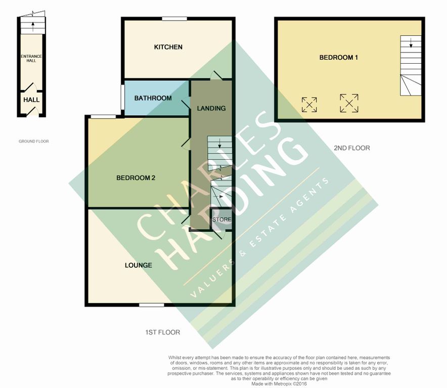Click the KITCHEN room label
pyautogui.click(x=168, y=47)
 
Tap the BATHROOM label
pyautogui.click(x=153, y=98)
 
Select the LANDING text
pyautogui.click(x=211, y=108)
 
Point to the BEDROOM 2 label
pyautogui.click(x=136, y=178)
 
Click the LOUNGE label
pyautogui.click(x=139, y=265)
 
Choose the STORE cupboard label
pyautogui.click(x=221, y=220)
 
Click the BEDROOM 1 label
pyautogui.click(x=338, y=58)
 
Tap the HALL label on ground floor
pyautogui.click(x=31, y=100)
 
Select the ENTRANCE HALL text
pyautogui.click(x=31, y=58)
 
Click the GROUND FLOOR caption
pyautogui.click(x=34, y=141)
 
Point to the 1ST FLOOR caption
pyautogui.click(x=162, y=332)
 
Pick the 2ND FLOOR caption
pyautogui.click(x=352, y=148)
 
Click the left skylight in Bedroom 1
pyautogui.click(x=309, y=105)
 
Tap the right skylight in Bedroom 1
pyautogui.click(x=349, y=103)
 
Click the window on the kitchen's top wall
pyautogui.click(x=174, y=19)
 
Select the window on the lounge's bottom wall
pyautogui.click(x=152, y=305)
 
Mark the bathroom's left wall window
pyautogui.click(x=123, y=97)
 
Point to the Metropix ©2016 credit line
pyautogui.click(x=280, y=384)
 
